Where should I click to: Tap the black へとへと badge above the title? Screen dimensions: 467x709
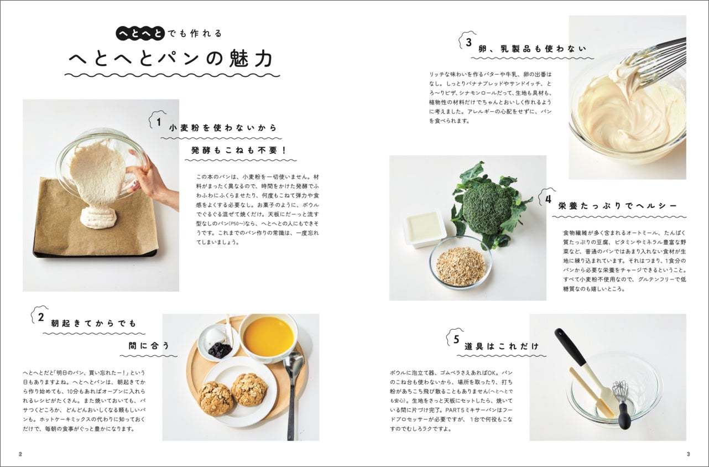pos(140,33)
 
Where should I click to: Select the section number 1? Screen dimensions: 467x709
pos(158,122)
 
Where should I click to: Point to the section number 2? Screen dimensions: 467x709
pos(41,317)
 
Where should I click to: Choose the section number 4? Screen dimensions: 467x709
pos(549,199)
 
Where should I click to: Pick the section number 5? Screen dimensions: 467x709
pos(456,339)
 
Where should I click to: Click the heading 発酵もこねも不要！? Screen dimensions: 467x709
pos(239,150)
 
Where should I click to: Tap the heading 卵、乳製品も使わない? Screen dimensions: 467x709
pos(532,49)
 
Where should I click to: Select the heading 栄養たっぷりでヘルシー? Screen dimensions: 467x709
pos(617,206)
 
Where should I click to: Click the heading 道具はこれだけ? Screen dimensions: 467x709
pos(501,346)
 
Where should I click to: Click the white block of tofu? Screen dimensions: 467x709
pos(424,227)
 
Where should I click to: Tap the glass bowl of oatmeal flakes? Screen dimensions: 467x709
pos(460,264)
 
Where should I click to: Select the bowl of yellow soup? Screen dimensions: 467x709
pos(268,336)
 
